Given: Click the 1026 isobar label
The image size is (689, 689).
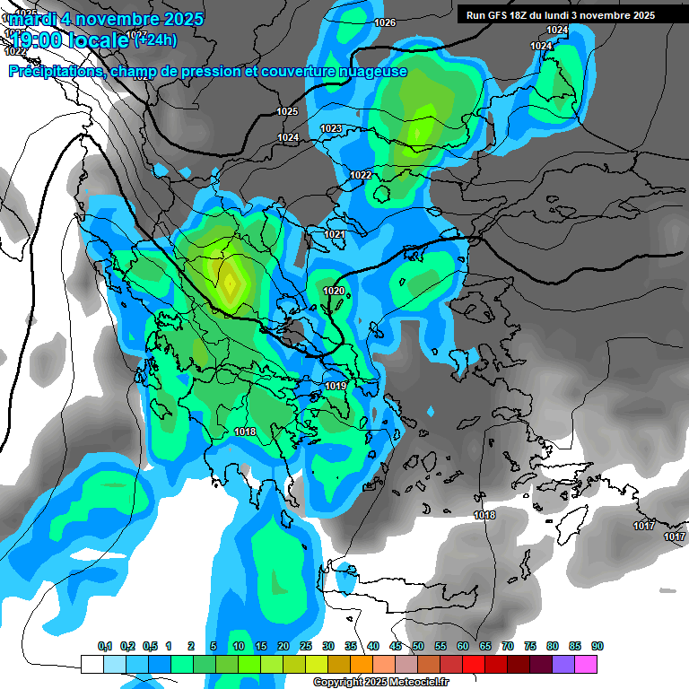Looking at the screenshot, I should (x=385, y=22).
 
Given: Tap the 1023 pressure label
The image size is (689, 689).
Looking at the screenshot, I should (x=331, y=129).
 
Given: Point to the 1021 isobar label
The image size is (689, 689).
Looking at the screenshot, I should (x=335, y=234).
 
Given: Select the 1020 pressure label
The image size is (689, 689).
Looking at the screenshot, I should (x=334, y=292).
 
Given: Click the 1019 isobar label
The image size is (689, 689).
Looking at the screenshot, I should (x=336, y=386).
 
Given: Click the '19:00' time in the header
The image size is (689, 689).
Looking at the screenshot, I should (x=37, y=39).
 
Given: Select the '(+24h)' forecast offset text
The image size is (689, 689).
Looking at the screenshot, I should (x=155, y=39).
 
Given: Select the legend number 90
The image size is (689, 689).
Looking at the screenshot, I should (x=597, y=647).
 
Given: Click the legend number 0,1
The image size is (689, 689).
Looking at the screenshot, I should (x=105, y=647).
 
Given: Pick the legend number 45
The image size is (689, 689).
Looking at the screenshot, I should (x=396, y=647).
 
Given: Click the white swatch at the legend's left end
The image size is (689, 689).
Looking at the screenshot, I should (x=92, y=664).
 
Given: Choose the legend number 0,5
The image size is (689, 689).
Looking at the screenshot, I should (x=150, y=647).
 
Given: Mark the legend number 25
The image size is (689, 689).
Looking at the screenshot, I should (x=306, y=647).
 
